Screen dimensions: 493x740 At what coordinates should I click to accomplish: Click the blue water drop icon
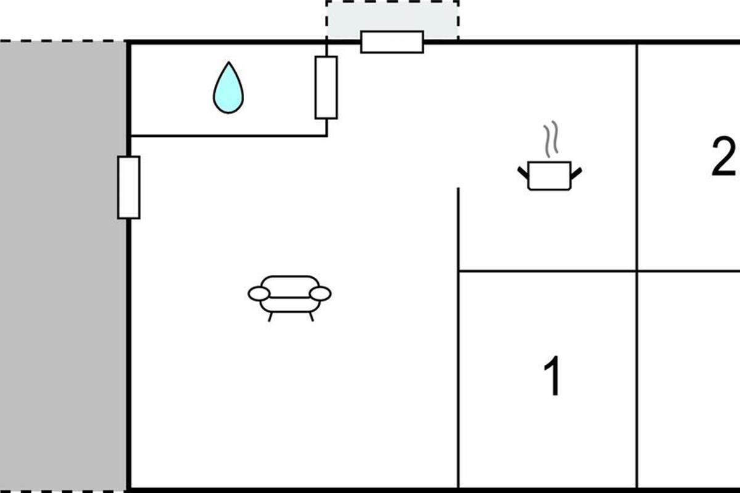[228, 89]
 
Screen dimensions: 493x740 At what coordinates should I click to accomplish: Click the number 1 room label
[553, 377]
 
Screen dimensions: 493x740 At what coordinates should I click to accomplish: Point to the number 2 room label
[723, 157]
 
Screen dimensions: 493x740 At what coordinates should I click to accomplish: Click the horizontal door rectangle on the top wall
[392, 42]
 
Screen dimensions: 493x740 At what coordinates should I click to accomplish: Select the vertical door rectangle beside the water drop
[326, 87]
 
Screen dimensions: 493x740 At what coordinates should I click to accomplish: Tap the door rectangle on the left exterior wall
[128, 187]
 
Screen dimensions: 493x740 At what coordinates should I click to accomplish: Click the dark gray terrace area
[62, 265]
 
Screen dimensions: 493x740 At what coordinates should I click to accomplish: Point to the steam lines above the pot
[550, 140]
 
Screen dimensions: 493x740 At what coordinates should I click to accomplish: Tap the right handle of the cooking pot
[576, 172]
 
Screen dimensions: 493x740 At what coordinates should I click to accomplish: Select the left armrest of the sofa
[259, 294]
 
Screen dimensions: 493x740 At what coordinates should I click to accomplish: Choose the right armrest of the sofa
[320, 294]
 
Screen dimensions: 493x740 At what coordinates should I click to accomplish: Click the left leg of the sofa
[270, 317]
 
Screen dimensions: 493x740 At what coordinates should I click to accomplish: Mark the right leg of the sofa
[311, 317]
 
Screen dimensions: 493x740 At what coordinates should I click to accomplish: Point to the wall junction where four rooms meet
[637, 271]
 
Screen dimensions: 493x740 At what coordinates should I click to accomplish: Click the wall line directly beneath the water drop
[228, 136]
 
